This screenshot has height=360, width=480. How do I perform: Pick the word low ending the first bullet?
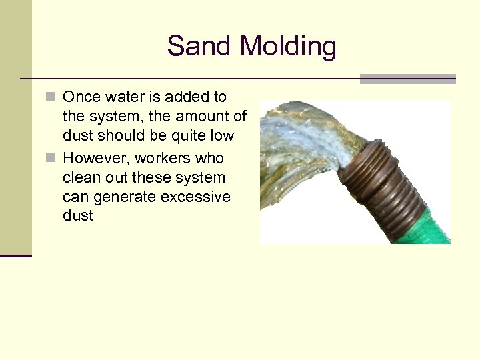click(221, 135)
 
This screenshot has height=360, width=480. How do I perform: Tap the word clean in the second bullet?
click(81, 178)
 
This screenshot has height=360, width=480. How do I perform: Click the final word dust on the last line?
click(78, 217)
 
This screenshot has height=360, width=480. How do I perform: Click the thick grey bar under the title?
click(407, 79)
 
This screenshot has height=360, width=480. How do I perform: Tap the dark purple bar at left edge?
click(15, 255)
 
